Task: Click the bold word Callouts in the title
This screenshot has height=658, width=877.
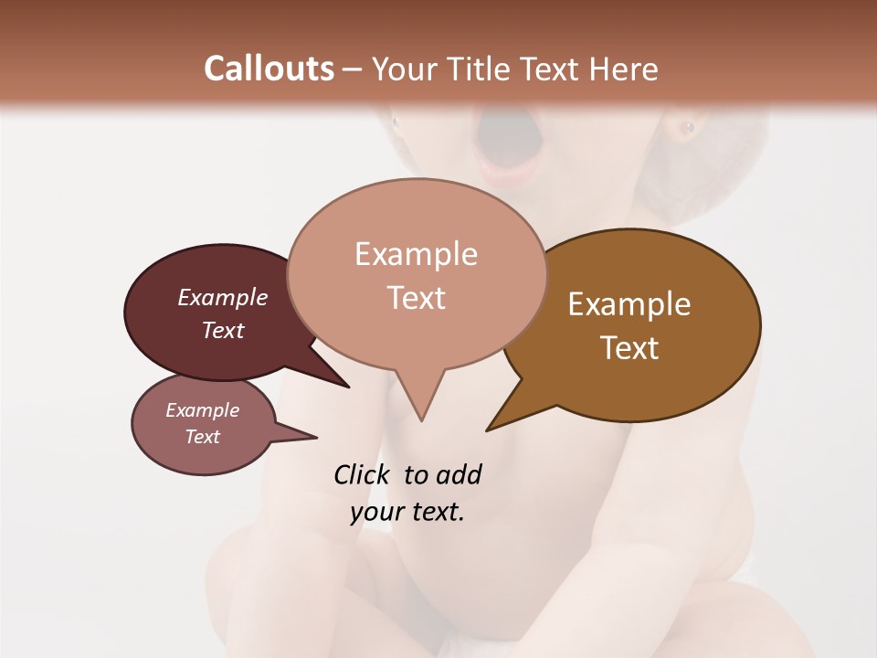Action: coord(269,69)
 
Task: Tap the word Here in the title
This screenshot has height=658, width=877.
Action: coord(622,69)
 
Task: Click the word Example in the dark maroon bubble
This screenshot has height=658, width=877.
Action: coord(223,297)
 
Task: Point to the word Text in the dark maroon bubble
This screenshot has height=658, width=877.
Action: coord(223,330)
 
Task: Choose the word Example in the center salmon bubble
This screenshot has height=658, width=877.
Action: coord(416,254)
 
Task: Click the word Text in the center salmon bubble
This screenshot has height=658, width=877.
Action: coord(416,298)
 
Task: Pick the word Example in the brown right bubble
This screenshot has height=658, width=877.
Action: coord(629,304)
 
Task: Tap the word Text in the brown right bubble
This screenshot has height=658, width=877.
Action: coord(629,348)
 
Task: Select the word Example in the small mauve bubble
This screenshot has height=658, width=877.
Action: coord(202,410)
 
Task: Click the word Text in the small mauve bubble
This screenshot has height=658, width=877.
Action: coord(202,437)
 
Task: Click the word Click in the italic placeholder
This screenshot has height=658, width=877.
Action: coord(363,475)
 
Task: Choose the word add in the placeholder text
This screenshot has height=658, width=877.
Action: coord(458,475)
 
